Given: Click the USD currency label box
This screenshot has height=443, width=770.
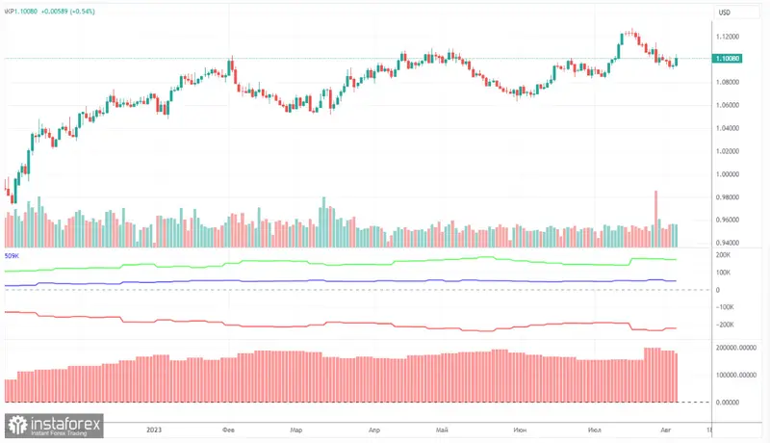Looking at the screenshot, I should click(725, 12).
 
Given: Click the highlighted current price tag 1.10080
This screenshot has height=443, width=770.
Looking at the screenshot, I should click(727, 59).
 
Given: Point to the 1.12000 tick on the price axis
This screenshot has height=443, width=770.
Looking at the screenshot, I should click(727, 36).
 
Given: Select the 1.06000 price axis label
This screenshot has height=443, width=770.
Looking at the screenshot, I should click(727, 105).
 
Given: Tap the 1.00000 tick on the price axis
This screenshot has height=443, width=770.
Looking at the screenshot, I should click(727, 174).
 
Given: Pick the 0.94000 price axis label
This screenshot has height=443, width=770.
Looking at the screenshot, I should click(727, 244).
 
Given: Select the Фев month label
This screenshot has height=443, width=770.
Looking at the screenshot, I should click(229, 430).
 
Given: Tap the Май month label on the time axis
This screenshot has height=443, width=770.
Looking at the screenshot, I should click(443, 430).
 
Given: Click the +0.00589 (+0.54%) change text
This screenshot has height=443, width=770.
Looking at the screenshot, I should click(78, 12).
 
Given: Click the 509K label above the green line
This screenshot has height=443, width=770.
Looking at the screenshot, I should click(12, 256).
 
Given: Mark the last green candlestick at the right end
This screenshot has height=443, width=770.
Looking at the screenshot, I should click(676, 61).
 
